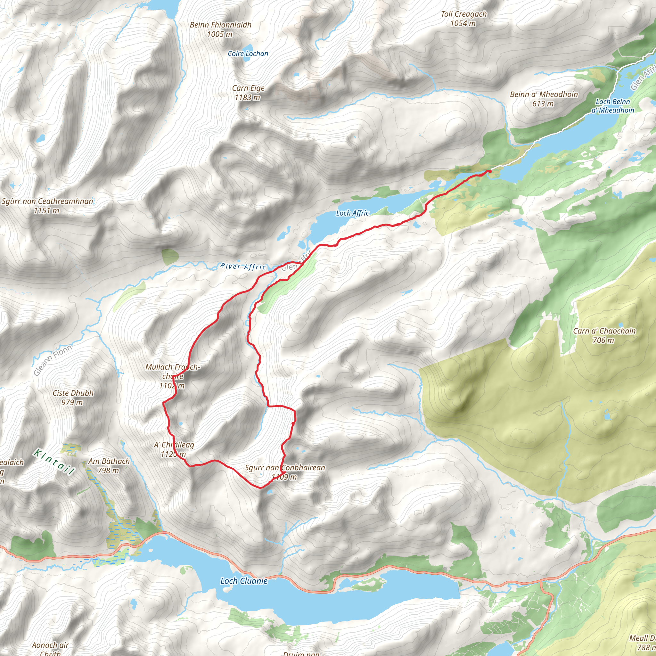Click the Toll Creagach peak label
pos(463,19)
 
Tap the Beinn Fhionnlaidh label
pos(220,29)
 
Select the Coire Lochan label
pos(248,53)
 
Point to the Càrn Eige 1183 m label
pos(248,93)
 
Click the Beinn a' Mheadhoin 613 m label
pos(544,99)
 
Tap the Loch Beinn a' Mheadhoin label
pos(612,106)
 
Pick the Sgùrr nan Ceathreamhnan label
pos(47,206)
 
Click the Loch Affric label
pos(352,213)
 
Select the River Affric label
pos(243,266)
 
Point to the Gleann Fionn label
pos(53,360)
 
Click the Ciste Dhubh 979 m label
pos(73,398)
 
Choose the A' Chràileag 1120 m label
pos(174,449)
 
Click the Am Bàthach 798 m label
pos(109,465)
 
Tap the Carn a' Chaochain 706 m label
pos(604,335)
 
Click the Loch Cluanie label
pos(244,581)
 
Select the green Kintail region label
pos(54,462)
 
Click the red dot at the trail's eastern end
pos(489,171)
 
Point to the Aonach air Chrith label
pos(50,648)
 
